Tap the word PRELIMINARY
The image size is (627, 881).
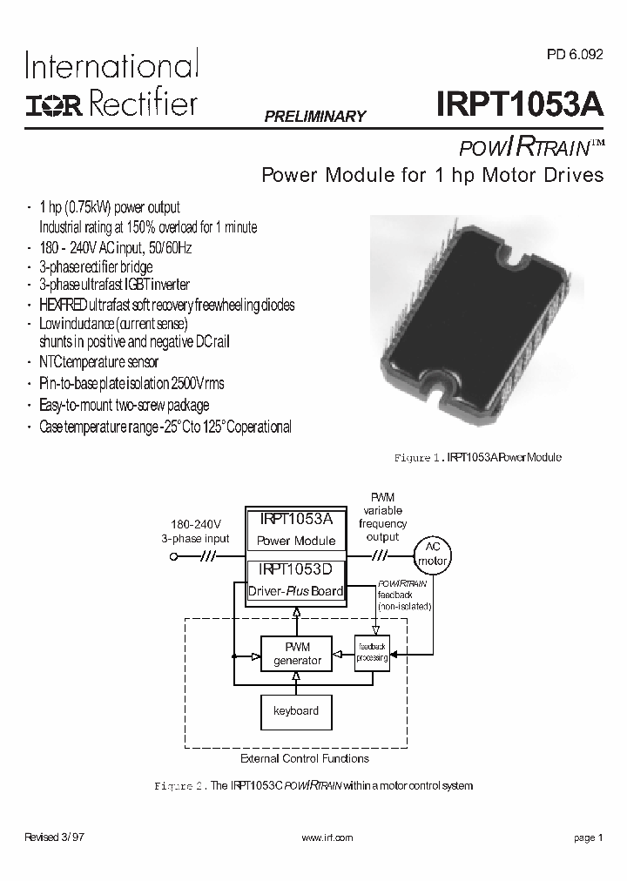[x=314, y=117]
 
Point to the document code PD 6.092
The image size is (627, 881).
[x=574, y=53]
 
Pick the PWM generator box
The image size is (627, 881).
[x=297, y=654]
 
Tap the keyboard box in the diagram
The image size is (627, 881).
[x=297, y=711]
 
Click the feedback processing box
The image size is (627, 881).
[x=372, y=653]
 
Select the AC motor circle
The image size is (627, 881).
[x=433, y=555]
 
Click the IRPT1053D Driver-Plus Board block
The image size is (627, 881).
[x=296, y=580]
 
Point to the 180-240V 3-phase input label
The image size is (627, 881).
[x=195, y=531]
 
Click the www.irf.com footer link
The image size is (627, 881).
[x=327, y=837]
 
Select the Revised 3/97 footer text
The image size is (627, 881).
[x=54, y=837]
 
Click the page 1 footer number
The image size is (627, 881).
[x=589, y=837]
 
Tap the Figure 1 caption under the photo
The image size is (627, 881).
[x=478, y=457]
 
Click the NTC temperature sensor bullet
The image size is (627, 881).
[x=98, y=362]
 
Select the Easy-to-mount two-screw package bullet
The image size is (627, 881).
[x=124, y=406]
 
